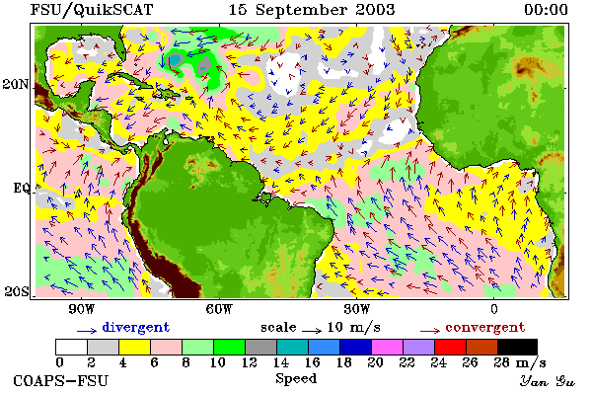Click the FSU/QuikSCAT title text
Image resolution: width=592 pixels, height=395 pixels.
click(92, 10)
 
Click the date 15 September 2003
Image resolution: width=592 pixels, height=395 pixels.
click(312, 10)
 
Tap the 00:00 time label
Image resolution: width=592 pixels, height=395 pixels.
click(546, 10)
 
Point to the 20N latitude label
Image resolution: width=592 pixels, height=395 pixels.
click(16, 84)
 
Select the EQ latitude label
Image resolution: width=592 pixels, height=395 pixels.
click(21, 188)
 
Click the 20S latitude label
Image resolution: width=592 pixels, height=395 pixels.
click(17, 291)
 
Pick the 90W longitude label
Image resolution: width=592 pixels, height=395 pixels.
click(82, 309)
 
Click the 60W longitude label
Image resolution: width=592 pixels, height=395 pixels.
click(219, 309)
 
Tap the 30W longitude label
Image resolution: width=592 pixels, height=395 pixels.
click(357, 309)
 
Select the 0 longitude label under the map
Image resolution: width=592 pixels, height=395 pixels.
click(494, 309)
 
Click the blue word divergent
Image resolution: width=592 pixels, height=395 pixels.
click(136, 327)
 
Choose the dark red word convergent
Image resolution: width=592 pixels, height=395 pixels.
click(485, 327)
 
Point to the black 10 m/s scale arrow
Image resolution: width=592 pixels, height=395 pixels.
click(312, 331)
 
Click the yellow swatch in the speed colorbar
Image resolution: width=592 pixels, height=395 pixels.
click(134, 347)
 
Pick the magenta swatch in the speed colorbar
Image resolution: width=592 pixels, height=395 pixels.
click(387, 347)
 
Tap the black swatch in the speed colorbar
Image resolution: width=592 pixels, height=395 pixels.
click(517, 347)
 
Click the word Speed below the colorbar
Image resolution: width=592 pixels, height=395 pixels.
click(296, 379)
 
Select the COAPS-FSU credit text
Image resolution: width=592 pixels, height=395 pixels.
click(61, 380)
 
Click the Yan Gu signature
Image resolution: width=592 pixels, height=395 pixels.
click(548, 381)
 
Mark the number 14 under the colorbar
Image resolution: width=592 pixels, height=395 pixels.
click(280, 362)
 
